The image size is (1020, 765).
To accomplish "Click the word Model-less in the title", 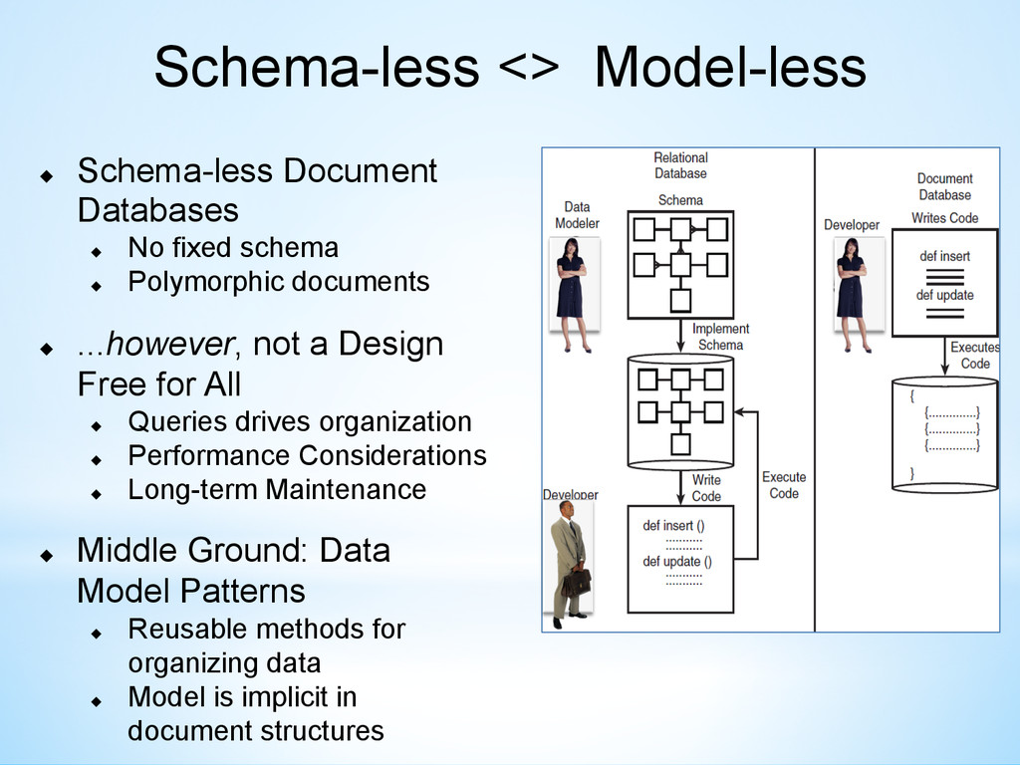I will pos(729,68).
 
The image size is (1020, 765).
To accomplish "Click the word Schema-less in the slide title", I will pos(316,68).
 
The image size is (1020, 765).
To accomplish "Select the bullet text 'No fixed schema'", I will pos(233,247).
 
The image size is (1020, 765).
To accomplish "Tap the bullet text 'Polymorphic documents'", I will pos(278,282).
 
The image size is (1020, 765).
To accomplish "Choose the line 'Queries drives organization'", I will pos(299,421).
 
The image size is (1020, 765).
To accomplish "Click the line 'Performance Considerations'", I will pos(307,455).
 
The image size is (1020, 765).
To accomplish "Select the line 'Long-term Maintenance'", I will pos(276,490).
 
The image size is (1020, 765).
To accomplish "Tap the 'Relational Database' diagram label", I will pos(680,165).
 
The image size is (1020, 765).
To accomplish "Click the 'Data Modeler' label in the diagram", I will pos(577,215).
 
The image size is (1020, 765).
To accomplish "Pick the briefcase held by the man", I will pos(576,582).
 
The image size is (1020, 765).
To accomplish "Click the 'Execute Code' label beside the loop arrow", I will pos(784,485).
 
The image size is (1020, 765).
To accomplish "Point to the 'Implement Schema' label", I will pos(720,337).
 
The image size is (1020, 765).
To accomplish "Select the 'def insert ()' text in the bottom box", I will pos(673,525).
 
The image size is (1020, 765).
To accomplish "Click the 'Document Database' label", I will pos(944,187).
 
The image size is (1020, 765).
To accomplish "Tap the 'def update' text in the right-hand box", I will pos(944,295).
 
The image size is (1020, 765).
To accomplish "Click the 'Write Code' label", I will pos(706,488).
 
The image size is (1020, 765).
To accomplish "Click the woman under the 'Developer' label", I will pos(851,294).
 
